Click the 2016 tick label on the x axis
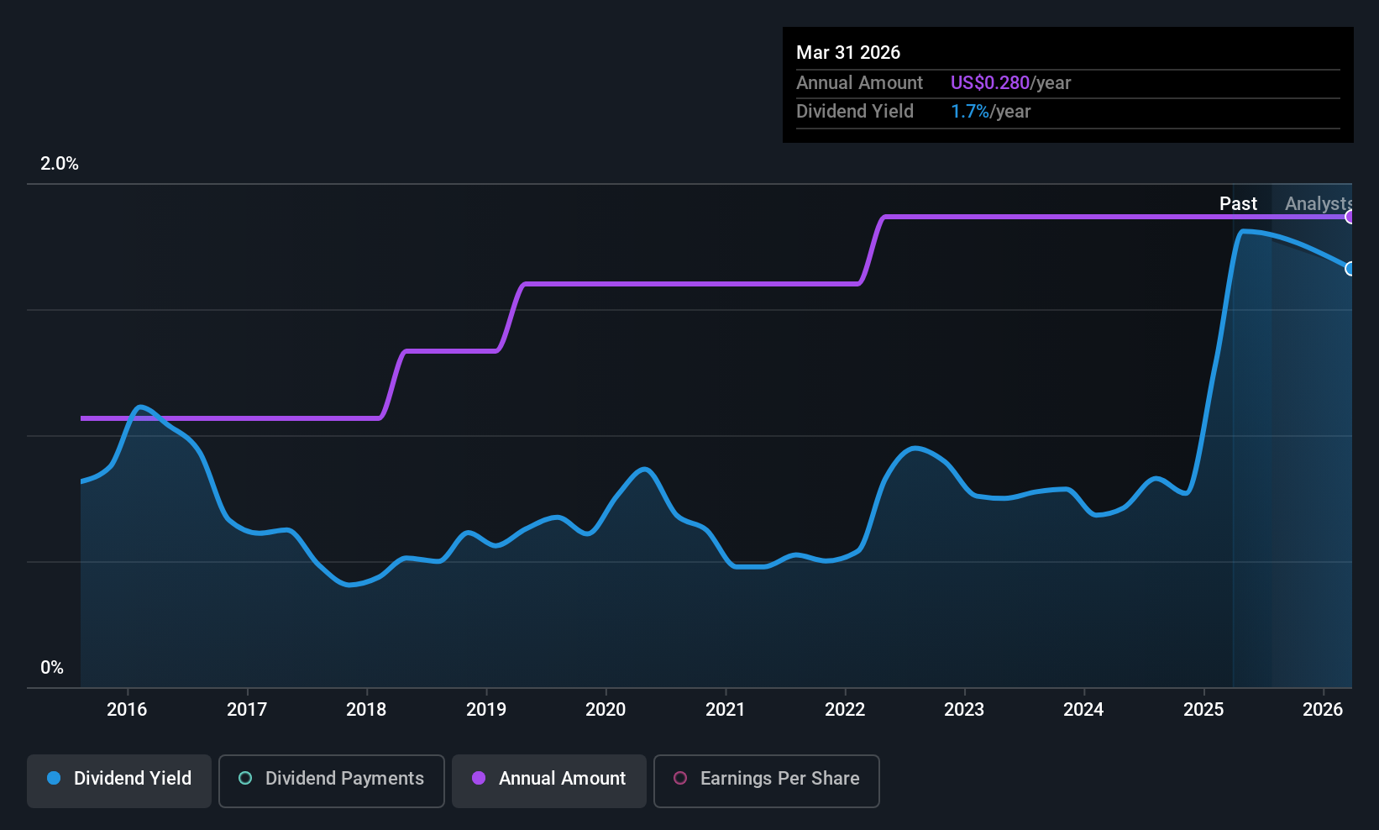point(127,709)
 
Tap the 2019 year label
point(486,709)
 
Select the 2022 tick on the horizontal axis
point(845,709)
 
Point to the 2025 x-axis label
point(1203,709)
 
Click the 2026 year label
point(1323,709)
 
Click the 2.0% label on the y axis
point(59,164)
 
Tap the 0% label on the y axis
point(52,668)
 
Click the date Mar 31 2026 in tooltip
point(848,53)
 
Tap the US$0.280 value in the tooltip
point(989,83)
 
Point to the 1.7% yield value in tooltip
point(969,112)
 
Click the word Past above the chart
point(1238,203)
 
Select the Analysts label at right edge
point(1317,203)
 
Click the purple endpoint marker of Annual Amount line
point(1350,217)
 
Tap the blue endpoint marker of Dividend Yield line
point(1350,269)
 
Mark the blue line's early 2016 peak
point(141,407)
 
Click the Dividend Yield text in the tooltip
point(855,112)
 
